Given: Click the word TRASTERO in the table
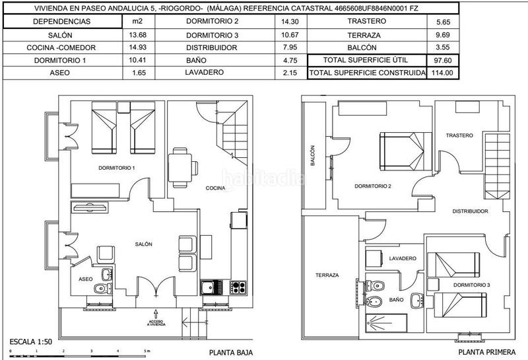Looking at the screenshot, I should coord(362,21).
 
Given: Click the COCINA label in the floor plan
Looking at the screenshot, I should coord(215,188).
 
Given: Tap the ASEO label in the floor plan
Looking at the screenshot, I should coord(86,279).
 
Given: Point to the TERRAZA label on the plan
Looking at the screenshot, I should coord(327,275).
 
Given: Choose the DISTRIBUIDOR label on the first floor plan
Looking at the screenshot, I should coord(470,211).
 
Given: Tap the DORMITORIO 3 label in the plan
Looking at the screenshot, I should coord(471,285).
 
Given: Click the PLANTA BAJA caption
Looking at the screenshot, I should coord(230,353).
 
